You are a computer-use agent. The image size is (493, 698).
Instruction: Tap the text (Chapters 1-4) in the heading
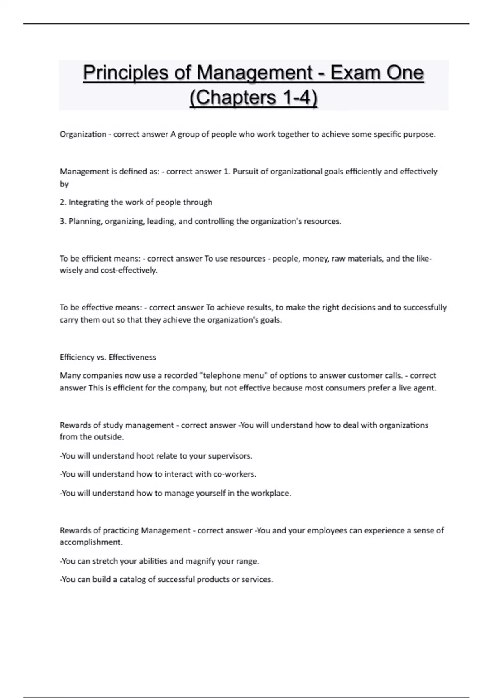coord(253,98)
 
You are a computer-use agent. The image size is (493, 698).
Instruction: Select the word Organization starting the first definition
coord(83,134)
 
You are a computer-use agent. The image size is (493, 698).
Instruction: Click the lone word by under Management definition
coord(64,184)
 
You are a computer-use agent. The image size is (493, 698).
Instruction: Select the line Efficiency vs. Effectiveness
coord(108,357)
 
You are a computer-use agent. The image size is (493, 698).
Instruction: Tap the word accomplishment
coord(91,542)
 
